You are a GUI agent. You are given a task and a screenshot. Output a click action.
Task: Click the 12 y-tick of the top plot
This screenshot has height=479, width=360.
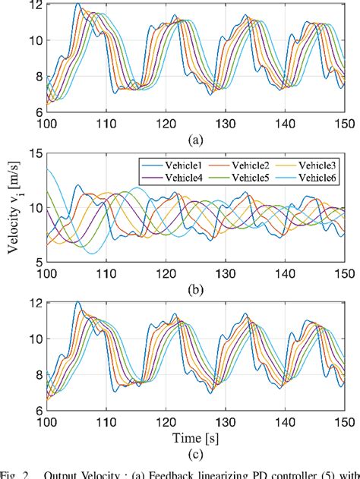34,6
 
